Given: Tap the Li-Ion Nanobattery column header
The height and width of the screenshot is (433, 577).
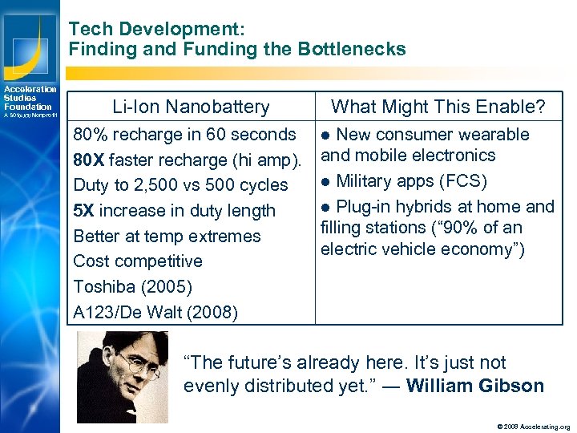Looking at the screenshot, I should click(191, 107).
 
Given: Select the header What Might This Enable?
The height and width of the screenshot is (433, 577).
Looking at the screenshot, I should click(438, 107).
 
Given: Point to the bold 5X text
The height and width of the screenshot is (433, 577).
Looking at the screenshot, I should click(84, 211).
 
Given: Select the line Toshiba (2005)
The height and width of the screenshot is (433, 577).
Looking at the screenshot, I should click(132, 286).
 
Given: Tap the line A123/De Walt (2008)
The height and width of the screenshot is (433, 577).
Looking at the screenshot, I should click(155, 312).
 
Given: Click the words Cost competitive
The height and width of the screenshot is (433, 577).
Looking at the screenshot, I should click(138, 261).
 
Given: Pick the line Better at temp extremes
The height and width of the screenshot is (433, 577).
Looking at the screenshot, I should click(167, 236).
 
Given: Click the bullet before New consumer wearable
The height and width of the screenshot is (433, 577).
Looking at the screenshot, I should click(326, 135).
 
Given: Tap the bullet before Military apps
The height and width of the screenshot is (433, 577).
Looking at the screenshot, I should click(326, 181).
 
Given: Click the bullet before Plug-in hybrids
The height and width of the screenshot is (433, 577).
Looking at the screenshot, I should click(326, 207).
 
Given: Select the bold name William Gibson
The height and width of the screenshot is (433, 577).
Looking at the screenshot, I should click(475, 386).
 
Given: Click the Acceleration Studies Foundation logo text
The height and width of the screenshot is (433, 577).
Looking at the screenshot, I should click(30, 99).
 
